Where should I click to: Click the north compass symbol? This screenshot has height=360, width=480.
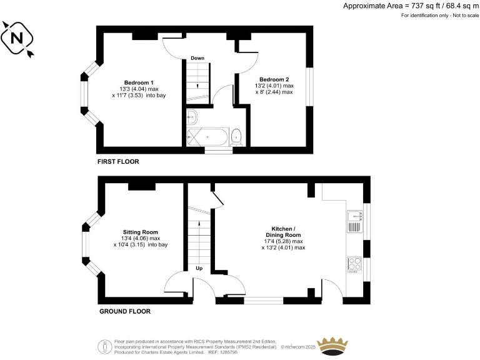click(18, 39)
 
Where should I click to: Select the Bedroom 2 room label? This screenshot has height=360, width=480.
click(274, 79)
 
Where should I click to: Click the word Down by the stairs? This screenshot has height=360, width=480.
click(197, 58)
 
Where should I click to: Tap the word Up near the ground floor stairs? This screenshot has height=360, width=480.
click(199, 269)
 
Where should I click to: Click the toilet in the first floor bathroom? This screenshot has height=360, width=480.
click(236, 137)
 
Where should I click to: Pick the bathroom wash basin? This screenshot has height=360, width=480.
click(192, 116)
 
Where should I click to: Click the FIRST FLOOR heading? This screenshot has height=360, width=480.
click(118, 162)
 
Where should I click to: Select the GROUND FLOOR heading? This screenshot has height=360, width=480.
click(124, 311)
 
